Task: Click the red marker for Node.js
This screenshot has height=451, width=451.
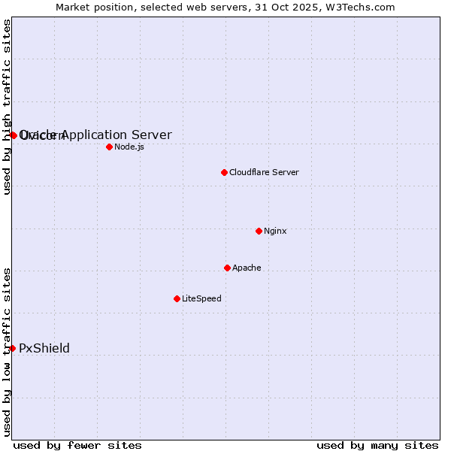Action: (x=109, y=147)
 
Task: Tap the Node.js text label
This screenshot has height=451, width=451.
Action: (x=129, y=147)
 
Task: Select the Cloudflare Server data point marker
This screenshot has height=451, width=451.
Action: (x=224, y=172)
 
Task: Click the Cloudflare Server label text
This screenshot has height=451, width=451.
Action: (x=264, y=172)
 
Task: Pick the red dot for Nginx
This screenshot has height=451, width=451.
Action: (x=259, y=231)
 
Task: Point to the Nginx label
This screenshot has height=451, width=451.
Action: (x=275, y=231)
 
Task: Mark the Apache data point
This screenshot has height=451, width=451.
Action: (x=227, y=268)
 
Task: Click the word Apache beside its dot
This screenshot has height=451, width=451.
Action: (x=247, y=268)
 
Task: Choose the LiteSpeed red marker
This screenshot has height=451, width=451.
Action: (x=177, y=298)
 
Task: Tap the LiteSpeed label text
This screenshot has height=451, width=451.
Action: (x=201, y=298)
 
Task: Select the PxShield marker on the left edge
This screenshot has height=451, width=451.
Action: (x=13, y=348)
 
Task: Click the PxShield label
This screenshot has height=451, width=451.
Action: (x=44, y=348)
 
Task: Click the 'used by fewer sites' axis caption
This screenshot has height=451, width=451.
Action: (x=77, y=445)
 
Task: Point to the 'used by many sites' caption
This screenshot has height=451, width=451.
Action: (x=377, y=445)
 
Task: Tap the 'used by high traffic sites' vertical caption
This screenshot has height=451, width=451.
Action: (x=7, y=107)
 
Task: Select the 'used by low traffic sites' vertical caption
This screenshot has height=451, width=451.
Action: (x=7, y=351)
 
